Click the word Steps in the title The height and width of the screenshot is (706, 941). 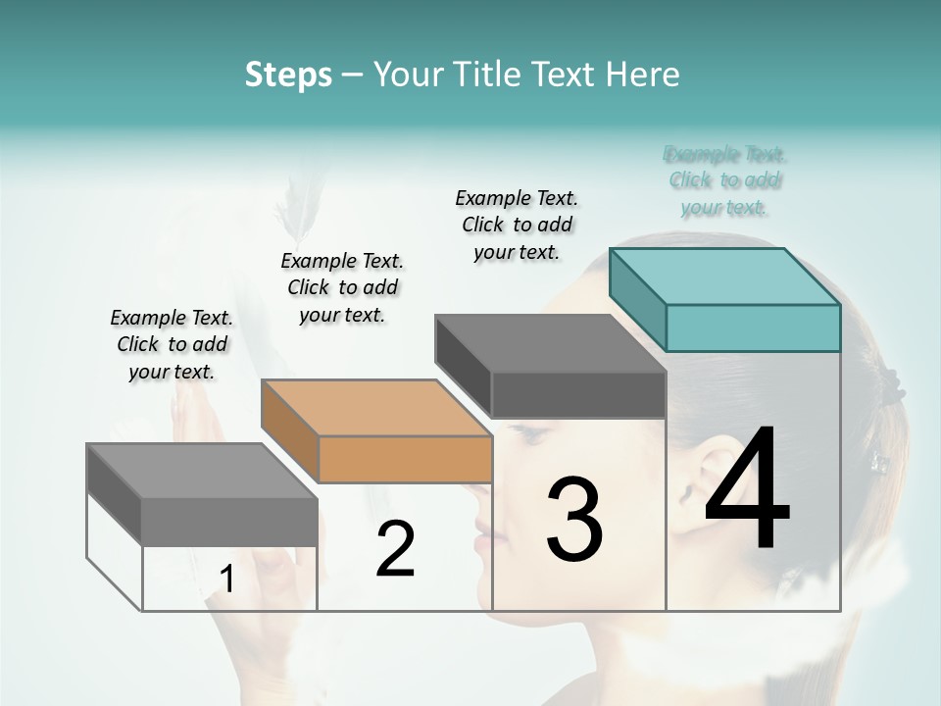(288, 75)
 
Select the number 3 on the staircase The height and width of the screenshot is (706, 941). (573, 519)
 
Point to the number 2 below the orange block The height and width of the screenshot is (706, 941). (395, 549)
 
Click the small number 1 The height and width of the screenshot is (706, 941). (226, 580)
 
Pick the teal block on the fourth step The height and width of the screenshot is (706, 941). (725, 299)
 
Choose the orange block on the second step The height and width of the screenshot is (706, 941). (377, 431)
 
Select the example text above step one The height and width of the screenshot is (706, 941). (172, 344)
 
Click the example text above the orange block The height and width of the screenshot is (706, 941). (342, 287)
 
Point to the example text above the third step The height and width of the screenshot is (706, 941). (517, 225)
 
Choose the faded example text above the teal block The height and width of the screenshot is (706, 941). (725, 180)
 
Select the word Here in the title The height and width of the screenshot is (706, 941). (645, 75)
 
